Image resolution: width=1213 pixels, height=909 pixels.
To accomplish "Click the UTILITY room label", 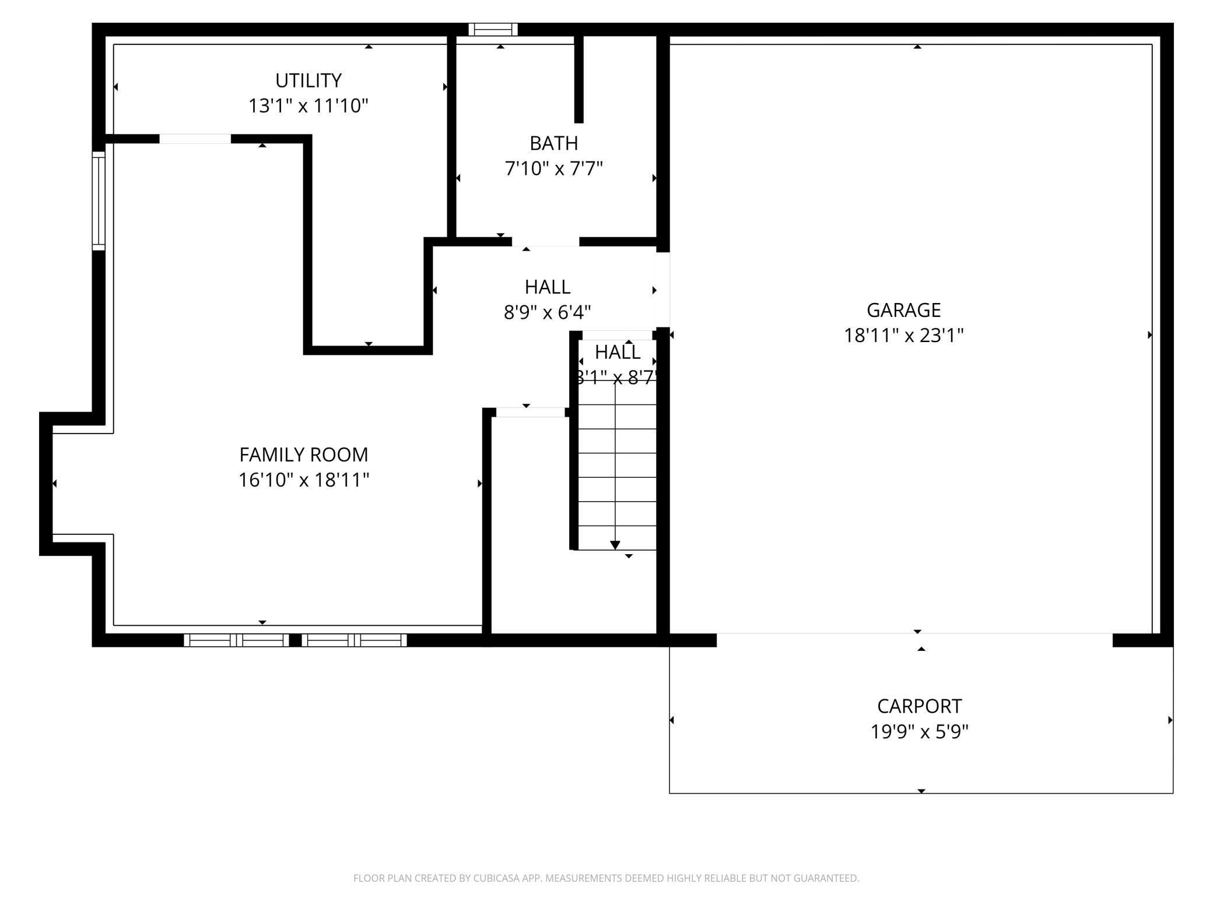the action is pos(308,80).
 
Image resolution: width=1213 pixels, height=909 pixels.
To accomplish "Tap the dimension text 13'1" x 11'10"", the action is pos(308,106).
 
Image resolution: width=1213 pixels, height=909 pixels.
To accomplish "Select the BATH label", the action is pos(553,143).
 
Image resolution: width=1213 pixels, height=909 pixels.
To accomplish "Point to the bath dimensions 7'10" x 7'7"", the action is pos(553,168).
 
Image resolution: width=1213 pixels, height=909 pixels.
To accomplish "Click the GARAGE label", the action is pos(903,310).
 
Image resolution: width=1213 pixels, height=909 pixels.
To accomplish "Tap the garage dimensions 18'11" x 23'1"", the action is pos(903,336).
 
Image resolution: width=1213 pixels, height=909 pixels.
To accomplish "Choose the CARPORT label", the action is pos(919,706).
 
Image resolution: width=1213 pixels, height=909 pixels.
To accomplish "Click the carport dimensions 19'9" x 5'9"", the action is pos(919,731).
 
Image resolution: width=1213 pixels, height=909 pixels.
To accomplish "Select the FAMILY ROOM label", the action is pos(303,455).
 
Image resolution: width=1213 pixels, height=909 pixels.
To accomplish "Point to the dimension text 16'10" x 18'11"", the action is pos(303,480).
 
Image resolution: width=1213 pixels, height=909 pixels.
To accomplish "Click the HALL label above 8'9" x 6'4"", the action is pos(547,287).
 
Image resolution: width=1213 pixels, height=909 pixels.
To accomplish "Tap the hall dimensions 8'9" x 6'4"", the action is pos(547,313).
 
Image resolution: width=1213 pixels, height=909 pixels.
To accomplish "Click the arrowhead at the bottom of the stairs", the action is pos(615,545).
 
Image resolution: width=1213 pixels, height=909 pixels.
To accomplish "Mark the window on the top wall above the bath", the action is pos(493,29).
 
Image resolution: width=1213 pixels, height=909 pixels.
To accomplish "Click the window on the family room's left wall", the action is pos(99,201).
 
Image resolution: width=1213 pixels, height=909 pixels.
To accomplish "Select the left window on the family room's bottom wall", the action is pos(236,640).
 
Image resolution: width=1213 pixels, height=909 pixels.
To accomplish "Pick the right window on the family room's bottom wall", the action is pos(354,640).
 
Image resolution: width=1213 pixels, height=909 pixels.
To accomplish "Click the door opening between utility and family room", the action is pos(195,139).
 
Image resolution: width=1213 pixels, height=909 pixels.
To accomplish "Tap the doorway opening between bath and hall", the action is pos(545,242).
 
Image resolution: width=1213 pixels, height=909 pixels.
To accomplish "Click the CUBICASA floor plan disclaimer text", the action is pos(606,878).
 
